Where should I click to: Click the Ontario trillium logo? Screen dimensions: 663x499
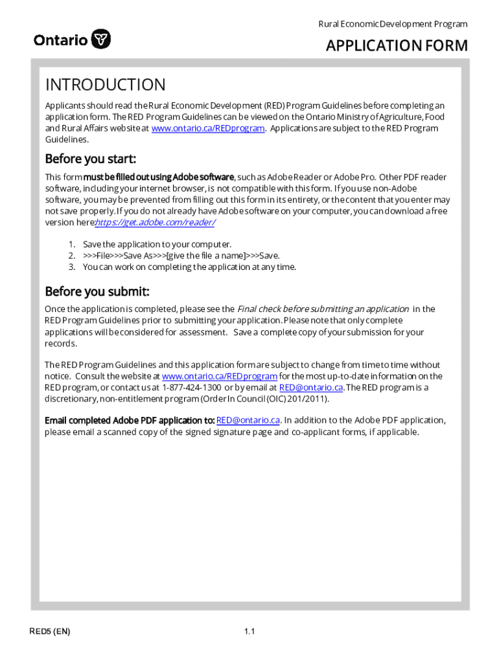tap(101, 39)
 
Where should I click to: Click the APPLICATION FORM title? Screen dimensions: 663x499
tap(396, 45)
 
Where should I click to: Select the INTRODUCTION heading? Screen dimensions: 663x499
tap(105, 85)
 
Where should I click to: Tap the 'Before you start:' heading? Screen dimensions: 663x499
tap(90, 159)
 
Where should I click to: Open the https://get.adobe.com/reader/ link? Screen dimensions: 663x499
tap(156, 222)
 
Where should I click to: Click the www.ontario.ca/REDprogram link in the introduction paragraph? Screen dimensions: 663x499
tap(207, 128)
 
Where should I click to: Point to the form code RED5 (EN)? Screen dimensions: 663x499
tap(49, 631)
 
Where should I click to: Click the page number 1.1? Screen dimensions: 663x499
tap(250, 631)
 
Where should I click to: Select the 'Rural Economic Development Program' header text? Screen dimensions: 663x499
tap(392, 24)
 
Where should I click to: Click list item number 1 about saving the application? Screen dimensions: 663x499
tap(157, 244)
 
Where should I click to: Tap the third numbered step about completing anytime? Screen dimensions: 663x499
tap(189, 267)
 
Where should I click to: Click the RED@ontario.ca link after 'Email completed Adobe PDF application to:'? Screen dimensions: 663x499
tap(248, 420)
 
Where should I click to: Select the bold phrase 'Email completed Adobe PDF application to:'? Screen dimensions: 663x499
tap(129, 420)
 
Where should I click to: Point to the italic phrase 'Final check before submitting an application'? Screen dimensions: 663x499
tap(323, 309)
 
